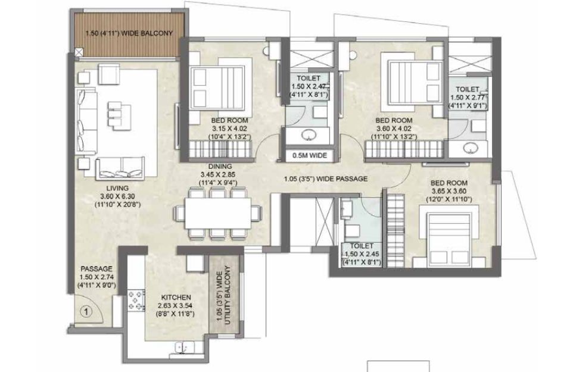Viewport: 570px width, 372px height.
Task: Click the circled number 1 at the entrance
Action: click(86, 312)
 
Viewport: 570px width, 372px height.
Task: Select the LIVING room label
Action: click(117, 188)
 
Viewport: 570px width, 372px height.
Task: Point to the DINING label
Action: click(220, 167)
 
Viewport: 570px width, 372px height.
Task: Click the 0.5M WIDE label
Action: click(310, 155)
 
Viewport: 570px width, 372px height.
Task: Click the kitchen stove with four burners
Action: click(136, 300)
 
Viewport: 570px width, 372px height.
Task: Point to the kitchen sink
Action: click(184, 347)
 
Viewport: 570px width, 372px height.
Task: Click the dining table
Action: click(218, 213)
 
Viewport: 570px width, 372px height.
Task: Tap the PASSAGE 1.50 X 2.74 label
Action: click(96, 277)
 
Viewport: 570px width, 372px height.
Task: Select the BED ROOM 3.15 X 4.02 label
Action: click(230, 128)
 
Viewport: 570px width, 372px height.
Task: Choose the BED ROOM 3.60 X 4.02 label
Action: click(394, 128)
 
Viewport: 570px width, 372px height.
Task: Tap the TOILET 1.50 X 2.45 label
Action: click(362, 254)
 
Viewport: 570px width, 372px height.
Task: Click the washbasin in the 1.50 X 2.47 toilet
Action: click(309, 136)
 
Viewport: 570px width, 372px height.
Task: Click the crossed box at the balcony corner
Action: click(79, 52)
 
